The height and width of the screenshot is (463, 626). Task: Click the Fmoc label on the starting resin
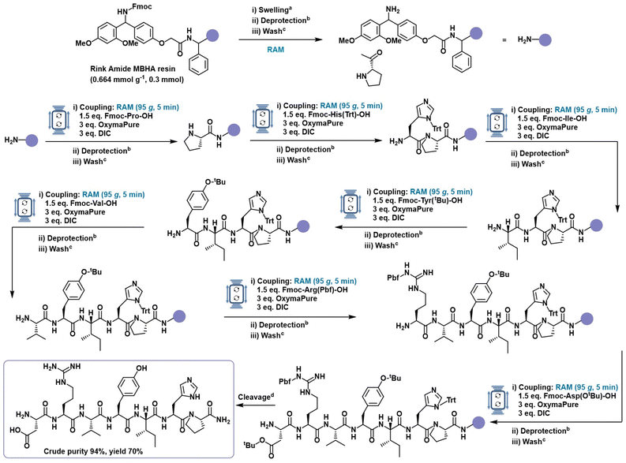tap(142, 7)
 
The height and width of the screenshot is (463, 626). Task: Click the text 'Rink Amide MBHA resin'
tap(133, 69)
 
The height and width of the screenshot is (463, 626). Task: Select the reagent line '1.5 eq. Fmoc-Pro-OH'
tap(116, 116)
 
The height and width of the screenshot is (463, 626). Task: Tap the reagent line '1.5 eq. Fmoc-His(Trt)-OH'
tap(326, 114)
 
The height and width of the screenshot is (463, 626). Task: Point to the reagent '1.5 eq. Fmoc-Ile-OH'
tap(552, 118)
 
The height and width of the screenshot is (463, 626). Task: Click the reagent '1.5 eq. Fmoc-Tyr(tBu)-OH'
tap(417, 200)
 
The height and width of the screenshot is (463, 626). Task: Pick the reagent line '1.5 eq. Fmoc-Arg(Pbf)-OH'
tap(302, 290)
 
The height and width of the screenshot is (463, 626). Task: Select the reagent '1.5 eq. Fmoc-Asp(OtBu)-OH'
tap(567, 396)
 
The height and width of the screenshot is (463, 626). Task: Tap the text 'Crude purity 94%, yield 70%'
tap(93, 451)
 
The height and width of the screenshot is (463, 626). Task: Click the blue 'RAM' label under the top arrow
tap(276, 50)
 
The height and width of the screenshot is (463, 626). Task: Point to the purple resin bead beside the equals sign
tap(545, 40)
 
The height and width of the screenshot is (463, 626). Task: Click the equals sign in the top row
tap(504, 40)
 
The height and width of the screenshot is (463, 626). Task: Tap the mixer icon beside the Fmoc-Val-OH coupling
tap(24, 207)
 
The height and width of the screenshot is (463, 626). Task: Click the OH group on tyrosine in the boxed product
tap(141, 368)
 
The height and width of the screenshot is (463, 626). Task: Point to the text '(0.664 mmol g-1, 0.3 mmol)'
tap(137, 80)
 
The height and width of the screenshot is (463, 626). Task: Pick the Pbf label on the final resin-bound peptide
tap(285, 382)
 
